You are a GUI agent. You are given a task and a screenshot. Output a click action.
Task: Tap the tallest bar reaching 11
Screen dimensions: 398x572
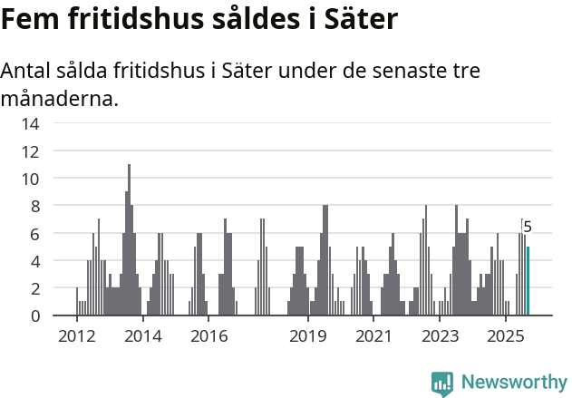[129, 240]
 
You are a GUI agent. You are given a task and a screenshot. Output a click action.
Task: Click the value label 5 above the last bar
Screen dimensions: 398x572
[528, 228]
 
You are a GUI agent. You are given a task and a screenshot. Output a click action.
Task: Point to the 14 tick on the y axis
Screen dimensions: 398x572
[31, 123]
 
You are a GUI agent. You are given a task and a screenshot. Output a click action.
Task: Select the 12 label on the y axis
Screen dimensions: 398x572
[31, 151]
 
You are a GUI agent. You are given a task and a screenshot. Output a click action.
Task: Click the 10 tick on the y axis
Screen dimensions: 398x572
[31, 179]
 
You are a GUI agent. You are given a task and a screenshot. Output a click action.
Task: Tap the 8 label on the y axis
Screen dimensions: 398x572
[34, 206]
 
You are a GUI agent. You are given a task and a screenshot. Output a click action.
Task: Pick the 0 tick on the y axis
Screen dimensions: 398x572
[34, 315]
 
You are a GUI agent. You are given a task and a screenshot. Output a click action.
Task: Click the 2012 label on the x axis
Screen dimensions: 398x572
[76, 336]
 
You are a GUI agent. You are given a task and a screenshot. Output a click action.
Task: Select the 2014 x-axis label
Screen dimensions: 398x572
[142, 336]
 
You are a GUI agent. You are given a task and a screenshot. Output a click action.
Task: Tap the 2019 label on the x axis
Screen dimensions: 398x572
[308, 336]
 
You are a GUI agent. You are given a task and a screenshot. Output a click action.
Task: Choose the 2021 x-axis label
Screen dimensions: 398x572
[373, 336]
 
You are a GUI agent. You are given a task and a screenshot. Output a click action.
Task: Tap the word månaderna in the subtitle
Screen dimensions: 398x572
[60, 98]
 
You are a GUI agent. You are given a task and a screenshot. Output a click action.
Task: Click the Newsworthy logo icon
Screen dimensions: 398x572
[442, 383]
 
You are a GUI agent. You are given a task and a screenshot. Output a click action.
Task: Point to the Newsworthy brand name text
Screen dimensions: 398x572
[514, 383]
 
